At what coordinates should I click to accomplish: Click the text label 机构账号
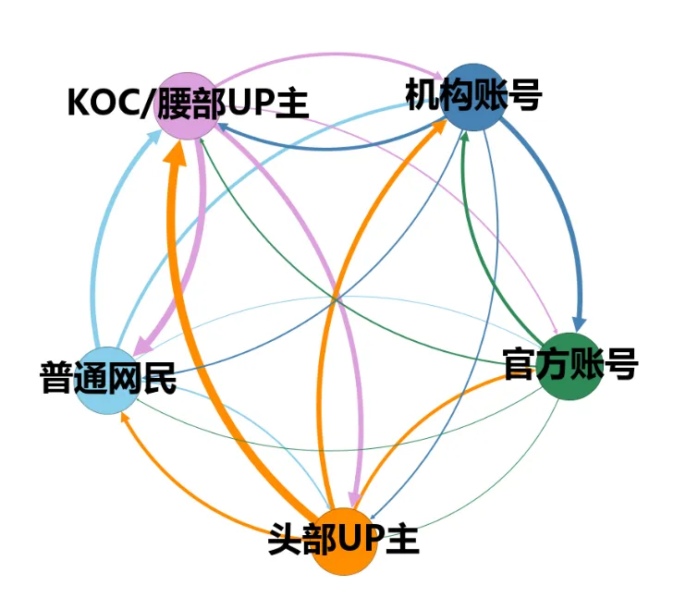(472, 94)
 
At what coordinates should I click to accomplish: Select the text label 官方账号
(570, 364)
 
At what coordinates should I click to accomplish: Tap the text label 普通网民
(108, 379)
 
